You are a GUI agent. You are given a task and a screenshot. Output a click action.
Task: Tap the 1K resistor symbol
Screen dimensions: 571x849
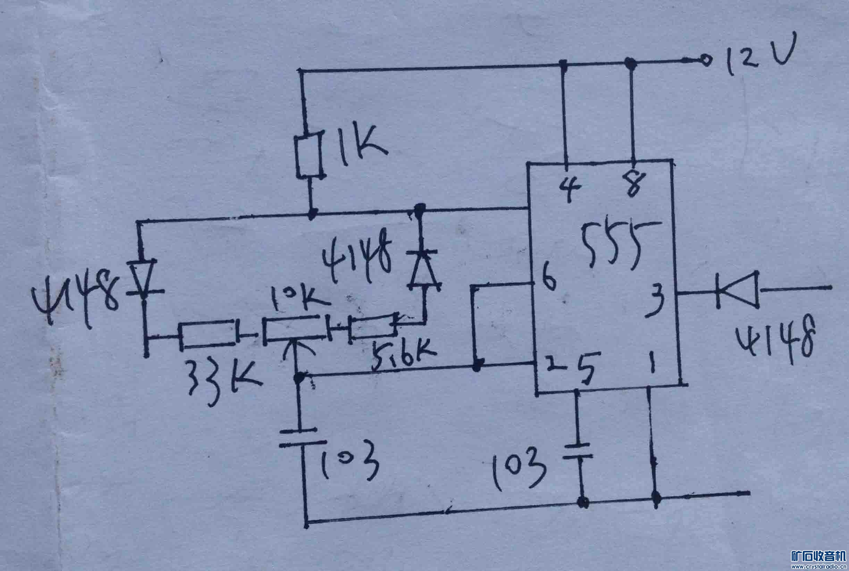coord(309,157)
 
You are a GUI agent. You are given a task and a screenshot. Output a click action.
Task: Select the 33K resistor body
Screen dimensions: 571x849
coord(208,335)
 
